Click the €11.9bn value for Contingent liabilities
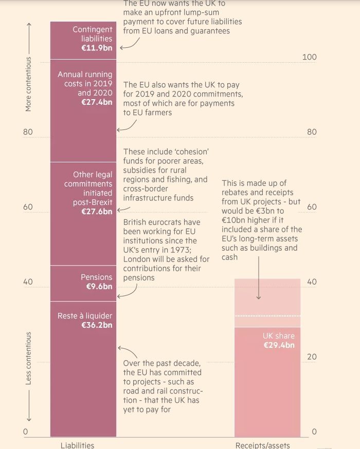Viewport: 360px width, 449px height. [97, 48]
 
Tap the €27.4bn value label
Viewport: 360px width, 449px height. [97, 102]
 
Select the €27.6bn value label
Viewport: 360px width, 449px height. [97, 211]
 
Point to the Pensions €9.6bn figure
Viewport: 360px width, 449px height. [99, 286]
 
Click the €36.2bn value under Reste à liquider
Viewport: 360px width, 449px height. [97, 325]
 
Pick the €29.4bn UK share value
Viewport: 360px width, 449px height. [279, 345]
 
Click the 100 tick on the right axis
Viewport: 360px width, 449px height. [309, 57]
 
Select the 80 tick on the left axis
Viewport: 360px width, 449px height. [28, 132]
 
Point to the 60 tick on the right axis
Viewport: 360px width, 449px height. [312, 207]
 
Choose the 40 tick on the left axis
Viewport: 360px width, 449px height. [28, 282]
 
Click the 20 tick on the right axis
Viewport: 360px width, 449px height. [312, 357]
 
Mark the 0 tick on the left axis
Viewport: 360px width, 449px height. [25, 432]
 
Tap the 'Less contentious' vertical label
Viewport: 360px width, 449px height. [29, 358]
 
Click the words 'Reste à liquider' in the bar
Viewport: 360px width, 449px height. [85, 315]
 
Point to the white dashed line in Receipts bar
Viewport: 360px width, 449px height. [267, 316]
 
